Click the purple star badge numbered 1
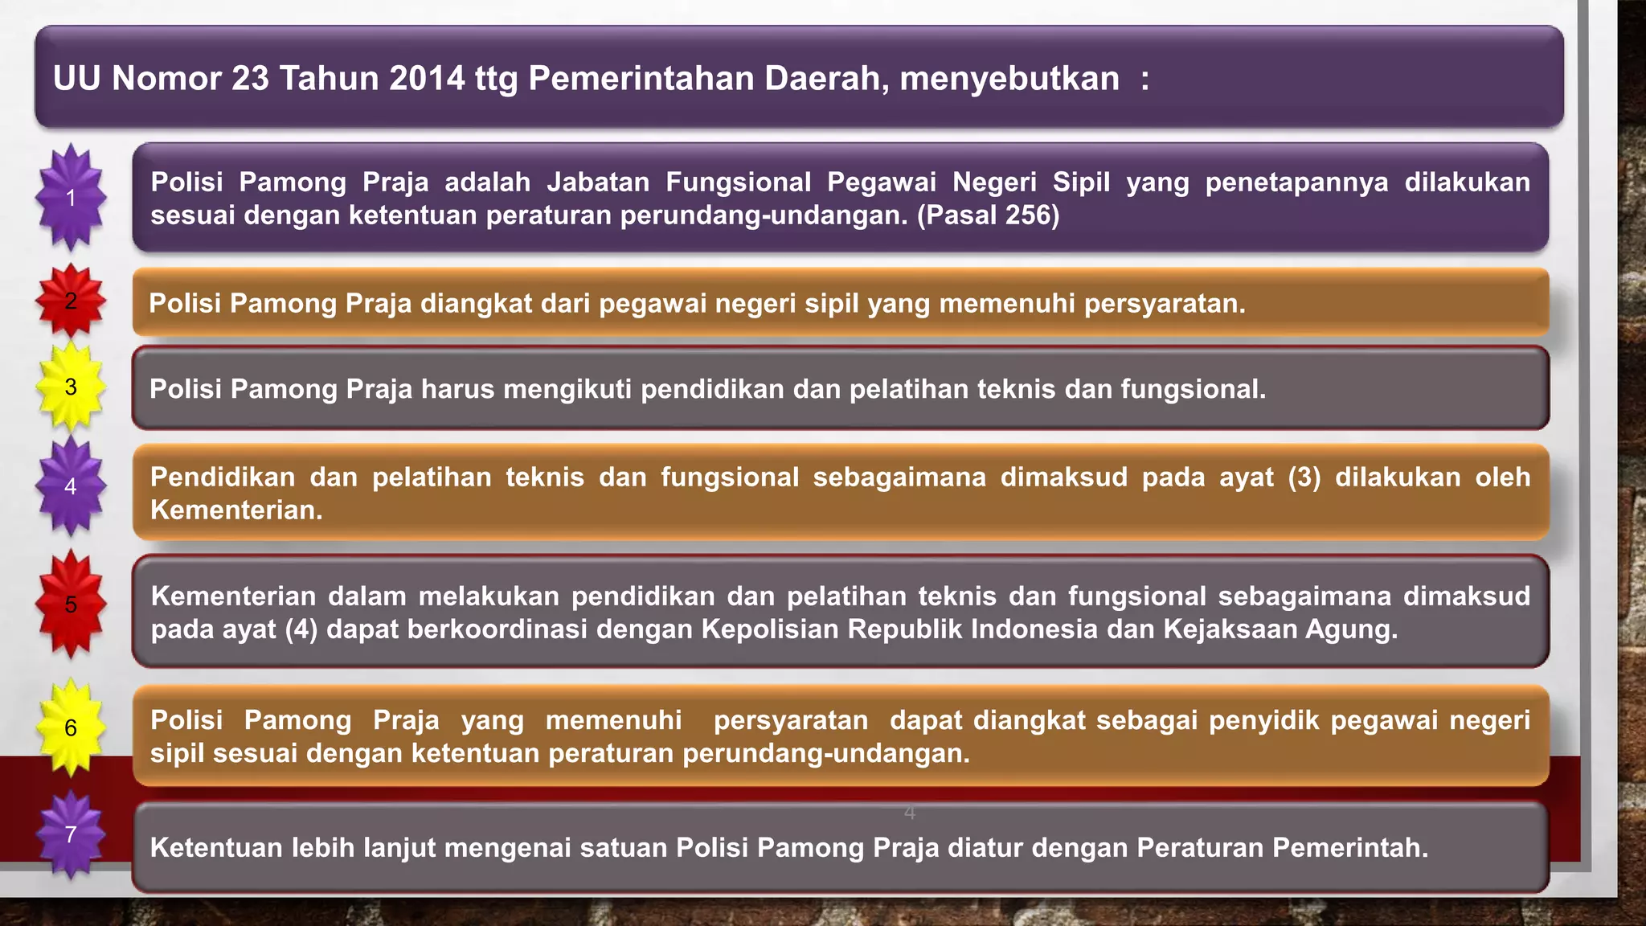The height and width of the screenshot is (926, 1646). point(71,198)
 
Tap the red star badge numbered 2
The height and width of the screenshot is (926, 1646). point(71,301)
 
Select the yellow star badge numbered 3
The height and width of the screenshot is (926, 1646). point(71,387)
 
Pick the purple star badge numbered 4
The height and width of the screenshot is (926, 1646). point(71,486)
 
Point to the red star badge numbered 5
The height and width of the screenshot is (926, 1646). point(71,604)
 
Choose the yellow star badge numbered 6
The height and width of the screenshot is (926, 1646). point(71,727)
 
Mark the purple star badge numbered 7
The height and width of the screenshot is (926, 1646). point(71,834)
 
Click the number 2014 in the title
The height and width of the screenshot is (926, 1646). point(426,79)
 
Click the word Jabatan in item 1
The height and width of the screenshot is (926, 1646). point(598,182)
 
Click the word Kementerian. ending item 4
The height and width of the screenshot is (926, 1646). point(236,510)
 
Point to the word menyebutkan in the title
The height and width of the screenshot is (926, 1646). point(1009,79)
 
